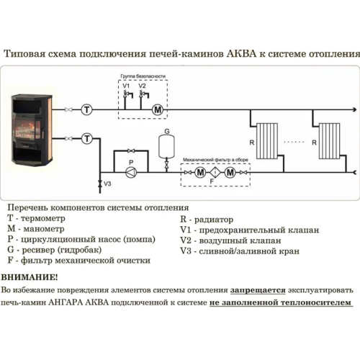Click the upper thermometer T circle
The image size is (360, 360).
tap(86, 110)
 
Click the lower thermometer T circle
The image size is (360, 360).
tap(86, 139)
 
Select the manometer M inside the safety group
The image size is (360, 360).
tap(158, 110)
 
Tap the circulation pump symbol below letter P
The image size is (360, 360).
tap(131, 172)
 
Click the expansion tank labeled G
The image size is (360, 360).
tap(166, 147)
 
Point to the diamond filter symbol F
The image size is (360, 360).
tap(215, 172)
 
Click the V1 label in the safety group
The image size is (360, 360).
tap(126, 86)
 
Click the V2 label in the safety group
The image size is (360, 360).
tap(142, 86)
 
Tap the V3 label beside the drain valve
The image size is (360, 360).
tap(107, 184)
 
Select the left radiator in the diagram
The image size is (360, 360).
tap(267, 141)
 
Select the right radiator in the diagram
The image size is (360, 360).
tap(329, 141)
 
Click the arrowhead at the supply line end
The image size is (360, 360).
tap(354, 110)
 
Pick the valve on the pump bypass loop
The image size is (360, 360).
tap(131, 150)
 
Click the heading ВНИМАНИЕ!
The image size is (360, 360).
tap(30, 277)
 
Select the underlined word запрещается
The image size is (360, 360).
tap(258, 290)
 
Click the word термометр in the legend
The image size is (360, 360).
tap(42, 218)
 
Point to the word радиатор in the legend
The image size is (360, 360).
tap(214, 220)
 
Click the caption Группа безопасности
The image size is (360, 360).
tap(143, 76)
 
